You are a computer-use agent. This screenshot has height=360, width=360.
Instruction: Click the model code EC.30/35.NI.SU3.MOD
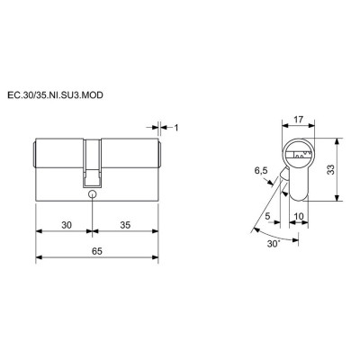click(55, 95)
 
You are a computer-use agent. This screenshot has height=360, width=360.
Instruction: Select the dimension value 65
click(97, 251)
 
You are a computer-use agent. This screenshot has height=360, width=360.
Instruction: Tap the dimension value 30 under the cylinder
click(67, 225)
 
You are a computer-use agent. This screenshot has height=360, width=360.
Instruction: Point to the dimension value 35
click(125, 225)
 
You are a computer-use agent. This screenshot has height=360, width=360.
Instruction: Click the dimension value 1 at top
click(176, 128)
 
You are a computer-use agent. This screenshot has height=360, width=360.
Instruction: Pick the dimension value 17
click(298, 120)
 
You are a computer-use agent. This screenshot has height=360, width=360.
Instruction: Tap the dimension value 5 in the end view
click(267, 215)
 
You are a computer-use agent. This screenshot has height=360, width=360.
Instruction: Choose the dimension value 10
click(299, 215)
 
